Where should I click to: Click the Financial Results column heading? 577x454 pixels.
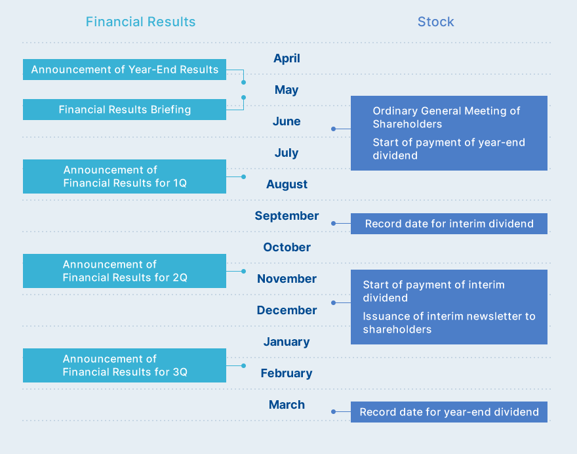pyautogui.click(x=140, y=22)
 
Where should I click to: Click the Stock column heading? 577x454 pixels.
pyautogui.click(x=435, y=22)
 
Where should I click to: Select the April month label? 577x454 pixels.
pyautogui.click(x=287, y=58)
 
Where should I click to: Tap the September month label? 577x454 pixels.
pyautogui.click(x=287, y=216)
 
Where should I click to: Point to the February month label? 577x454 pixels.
pyautogui.click(x=287, y=373)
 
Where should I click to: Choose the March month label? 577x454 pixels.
pyautogui.click(x=287, y=405)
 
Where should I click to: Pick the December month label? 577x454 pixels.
pyautogui.click(x=287, y=310)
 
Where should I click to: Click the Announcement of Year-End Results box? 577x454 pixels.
pyautogui.click(x=125, y=70)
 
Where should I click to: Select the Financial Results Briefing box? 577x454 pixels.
pyautogui.click(x=125, y=110)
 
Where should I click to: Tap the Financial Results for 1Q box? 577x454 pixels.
pyautogui.click(x=125, y=176)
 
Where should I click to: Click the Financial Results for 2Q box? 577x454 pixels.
pyautogui.click(x=125, y=271)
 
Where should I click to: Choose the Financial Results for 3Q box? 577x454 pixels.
pyautogui.click(x=125, y=365)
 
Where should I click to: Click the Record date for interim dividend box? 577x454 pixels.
pyautogui.click(x=449, y=224)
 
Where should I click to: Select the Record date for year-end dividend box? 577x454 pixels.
pyautogui.click(x=449, y=412)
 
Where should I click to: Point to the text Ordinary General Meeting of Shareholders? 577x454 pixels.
pyautogui.click(x=447, y=117)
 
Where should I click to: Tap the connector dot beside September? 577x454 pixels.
pyautogui.click(x=333, y=224)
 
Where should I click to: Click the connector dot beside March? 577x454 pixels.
pyautogui.click(x=333, y=411)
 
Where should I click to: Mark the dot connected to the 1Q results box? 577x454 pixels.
pyautogui.click(x=244, y=176)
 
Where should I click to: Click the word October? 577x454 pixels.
pyautogui.click(x=287, y=247)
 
